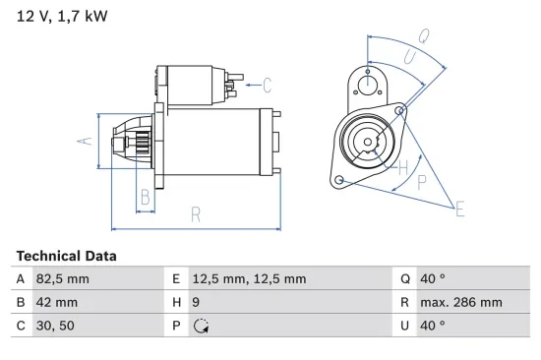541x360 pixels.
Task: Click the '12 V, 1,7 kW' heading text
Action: click(61, 16)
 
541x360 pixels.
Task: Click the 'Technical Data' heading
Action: click(66, 256)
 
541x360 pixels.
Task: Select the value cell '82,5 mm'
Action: click(64, 279)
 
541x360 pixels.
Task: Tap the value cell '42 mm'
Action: click(57, 302)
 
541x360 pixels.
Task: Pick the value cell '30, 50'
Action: click(56, 325)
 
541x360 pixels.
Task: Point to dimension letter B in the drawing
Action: click(145, 196)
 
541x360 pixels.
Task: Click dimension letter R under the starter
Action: click(196, 214)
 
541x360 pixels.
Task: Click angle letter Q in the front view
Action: click(423, 35)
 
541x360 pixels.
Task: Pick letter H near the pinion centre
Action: click(401, 167)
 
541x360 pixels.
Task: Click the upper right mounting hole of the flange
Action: click(400, 110)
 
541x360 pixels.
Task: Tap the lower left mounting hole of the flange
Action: click(339, 180)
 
